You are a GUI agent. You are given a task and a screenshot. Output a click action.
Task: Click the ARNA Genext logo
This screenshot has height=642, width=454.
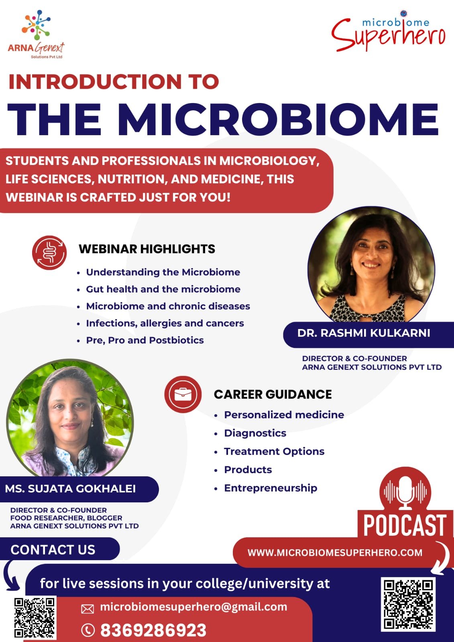coord(36,35)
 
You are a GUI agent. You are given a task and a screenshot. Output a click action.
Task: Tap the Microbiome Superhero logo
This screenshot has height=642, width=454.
coord(388,31)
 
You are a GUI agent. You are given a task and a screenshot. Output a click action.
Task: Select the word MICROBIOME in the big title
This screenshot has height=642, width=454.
coord(280,119)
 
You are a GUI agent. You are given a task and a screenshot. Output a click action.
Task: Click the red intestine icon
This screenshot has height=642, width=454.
coord(49,252)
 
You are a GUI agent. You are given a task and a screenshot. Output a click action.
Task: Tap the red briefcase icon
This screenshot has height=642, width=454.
coord(183,394)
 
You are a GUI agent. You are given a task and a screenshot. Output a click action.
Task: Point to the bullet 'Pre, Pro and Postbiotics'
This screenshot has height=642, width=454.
coord(145,340)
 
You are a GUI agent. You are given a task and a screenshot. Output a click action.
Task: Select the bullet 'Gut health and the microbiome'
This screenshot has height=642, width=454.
coord(163,289)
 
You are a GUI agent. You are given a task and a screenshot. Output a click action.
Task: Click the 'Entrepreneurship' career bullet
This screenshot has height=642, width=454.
coord(271,488)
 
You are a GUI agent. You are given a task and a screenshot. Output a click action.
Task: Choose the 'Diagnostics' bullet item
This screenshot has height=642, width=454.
coord(255,433)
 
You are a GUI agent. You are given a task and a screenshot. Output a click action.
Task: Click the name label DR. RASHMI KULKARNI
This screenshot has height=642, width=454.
coord(364,333)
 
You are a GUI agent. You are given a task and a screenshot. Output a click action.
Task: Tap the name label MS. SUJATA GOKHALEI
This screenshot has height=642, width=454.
coord(70,489)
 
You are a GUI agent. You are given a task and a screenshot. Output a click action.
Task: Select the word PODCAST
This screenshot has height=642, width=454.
coord(405,525)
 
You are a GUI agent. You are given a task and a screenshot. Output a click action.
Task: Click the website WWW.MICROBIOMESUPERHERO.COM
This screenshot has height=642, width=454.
coord(335,552)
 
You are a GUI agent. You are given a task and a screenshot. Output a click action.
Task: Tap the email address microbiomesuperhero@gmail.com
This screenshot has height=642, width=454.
coord(193,607)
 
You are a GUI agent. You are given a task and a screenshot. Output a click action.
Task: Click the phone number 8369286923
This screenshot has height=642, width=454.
coord(153,630)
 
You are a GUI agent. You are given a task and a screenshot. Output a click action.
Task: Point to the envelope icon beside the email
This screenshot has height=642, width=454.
coord(88,609)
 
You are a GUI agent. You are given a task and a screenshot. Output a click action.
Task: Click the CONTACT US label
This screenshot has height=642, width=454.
coord(53,550)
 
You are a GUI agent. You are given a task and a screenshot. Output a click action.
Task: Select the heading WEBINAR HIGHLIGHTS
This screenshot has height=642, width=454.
coord(147,249)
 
